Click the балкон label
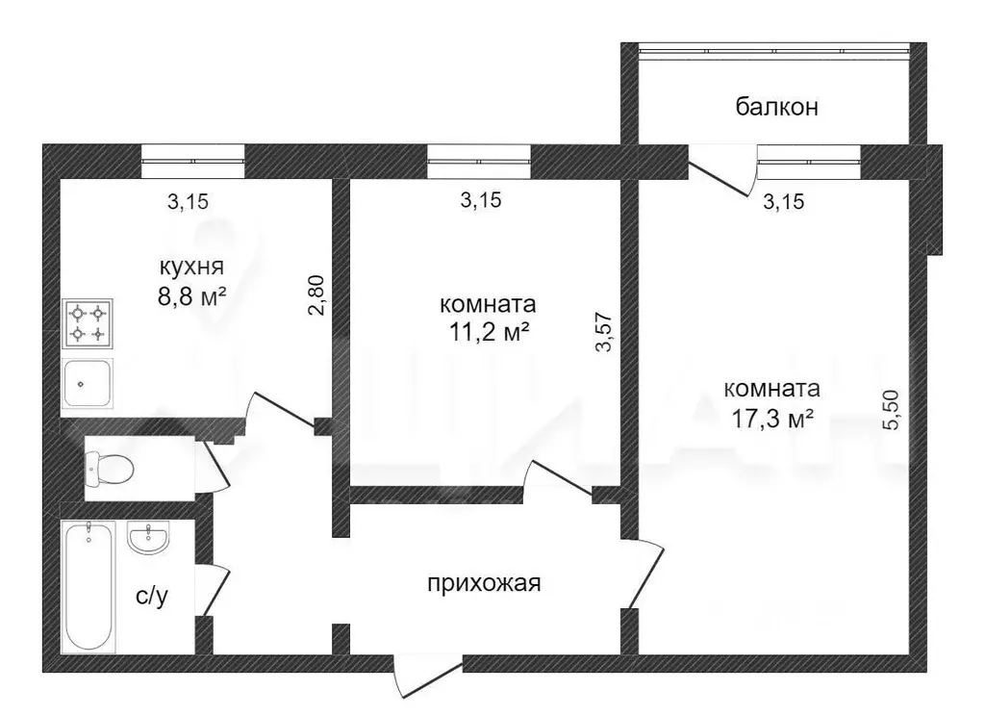pyautogui.click(x=776, y=107)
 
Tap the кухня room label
pyautogui.click(x=191, y=267)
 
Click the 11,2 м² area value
pyautogui.click(x=488, y=333)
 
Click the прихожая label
pyautogui.click(x=485, y=583)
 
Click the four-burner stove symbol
pyautogui.click(x=88, y=323)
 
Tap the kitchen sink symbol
pyautogui.click(x=88, y=383)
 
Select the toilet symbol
pyautogui.click(x=109, y=469)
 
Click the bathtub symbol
pyautogui.click(x=88, y=587)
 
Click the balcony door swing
pyautogui.click(x=722, y=170)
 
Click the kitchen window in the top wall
pyautogui.click(x=192, y=161)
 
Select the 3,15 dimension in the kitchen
pyautogui.click(x=188, y=202)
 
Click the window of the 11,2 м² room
pyautogui.click(x=479, y=161)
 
